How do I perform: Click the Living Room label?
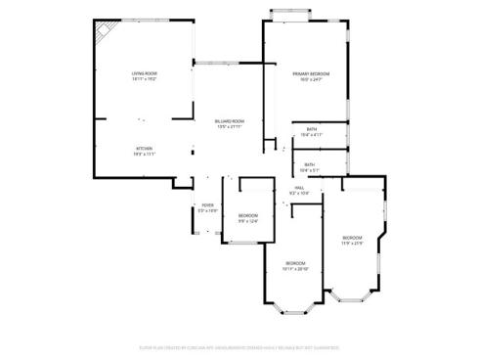(145, 74)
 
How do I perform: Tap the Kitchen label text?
(144, 148)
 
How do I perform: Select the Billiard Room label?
(230, 120)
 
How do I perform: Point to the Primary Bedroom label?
(311, 74)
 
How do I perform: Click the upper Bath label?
(311, 129)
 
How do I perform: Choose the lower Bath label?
(309, 164)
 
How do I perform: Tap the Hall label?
(298, 187)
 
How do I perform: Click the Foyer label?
(207, 204)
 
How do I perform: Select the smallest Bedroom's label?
(248, 215)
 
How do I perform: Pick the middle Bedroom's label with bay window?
(295, 263)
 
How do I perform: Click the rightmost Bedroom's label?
(352, 238)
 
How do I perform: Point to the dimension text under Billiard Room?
(230, 126)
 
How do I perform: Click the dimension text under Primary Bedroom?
(311, 80)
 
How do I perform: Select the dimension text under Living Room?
(145, 80)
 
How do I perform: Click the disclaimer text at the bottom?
(239, 347)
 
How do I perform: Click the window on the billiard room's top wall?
(228, 62)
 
